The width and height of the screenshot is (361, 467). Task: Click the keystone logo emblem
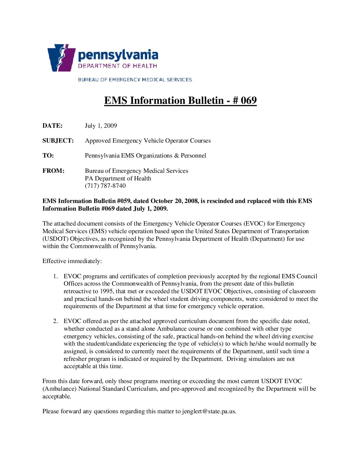[61, 58]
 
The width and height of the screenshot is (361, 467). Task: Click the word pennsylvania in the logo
[118, 55]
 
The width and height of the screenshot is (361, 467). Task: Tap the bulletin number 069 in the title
[249, 100]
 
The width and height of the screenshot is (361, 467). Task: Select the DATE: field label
[52, 126]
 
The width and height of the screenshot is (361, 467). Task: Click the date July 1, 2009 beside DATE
[101, 126]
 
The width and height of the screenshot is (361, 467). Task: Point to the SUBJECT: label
[58, 141]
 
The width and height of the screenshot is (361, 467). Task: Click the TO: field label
[48, 156]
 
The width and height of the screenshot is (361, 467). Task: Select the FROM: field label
[53, 171]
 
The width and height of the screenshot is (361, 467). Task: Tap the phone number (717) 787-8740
[105, 186]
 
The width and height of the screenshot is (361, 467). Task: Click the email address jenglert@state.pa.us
[209, 411]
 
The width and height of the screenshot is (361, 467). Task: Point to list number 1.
[55, 276]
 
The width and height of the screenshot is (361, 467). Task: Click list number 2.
[55, 321]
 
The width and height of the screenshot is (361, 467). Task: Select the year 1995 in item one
[106, 291]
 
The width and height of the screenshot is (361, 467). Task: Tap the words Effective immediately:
[72, 261]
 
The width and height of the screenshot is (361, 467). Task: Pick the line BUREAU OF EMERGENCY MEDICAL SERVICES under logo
[135, 80]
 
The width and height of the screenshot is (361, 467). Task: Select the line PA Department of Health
[118, 178]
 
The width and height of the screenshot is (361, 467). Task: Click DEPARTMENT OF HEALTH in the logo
[117, 66]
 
